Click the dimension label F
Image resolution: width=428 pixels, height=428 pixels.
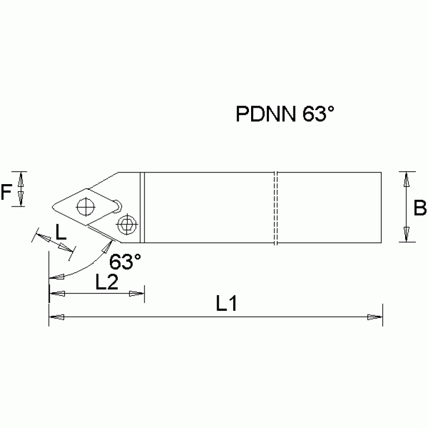tap(6, 193)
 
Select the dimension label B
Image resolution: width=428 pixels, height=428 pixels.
tap(420, 208)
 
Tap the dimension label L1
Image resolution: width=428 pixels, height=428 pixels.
tap(228, 304)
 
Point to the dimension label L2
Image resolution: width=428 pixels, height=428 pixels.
tap(106, 282)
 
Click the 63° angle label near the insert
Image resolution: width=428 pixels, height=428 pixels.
tap(125, 261)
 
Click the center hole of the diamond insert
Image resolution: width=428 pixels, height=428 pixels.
tap(86, 206)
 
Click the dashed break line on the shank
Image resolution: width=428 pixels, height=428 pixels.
tap(276, 208)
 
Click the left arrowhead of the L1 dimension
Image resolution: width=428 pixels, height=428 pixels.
tap(56, 317)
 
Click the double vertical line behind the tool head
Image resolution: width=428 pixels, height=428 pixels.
tap(142, 208)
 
